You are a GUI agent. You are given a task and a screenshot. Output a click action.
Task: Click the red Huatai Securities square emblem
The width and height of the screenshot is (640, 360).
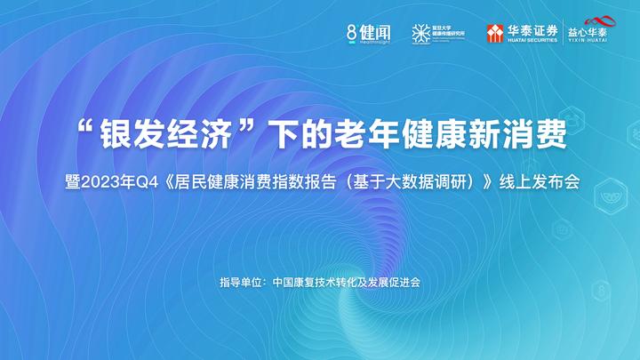point(495,33)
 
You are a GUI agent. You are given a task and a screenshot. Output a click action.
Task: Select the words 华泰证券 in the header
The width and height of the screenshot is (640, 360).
point(532,28)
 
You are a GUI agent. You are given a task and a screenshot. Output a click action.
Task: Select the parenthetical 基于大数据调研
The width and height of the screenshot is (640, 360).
point(406,182)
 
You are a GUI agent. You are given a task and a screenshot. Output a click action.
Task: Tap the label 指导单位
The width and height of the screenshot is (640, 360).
point(239,283)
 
